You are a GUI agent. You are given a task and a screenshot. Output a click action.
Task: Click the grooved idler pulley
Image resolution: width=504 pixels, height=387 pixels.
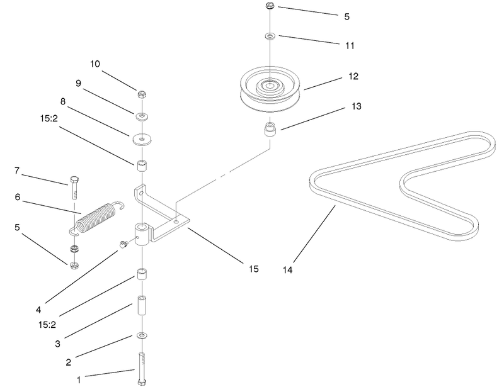270,89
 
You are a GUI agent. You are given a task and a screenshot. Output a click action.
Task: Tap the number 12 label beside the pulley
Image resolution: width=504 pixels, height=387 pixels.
353,76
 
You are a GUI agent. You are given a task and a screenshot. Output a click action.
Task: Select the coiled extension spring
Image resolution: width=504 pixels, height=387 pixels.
96,218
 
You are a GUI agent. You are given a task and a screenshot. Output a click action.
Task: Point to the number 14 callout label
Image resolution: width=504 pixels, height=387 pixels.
288,270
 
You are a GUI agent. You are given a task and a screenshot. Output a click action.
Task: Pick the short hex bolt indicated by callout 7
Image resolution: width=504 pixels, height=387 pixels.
74,188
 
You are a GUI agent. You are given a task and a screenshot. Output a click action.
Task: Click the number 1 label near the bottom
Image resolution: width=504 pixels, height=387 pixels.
79,380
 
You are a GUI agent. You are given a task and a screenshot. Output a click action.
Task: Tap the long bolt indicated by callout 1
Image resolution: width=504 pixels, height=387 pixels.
142,369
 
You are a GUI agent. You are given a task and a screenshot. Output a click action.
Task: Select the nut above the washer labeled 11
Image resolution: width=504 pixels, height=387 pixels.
270,6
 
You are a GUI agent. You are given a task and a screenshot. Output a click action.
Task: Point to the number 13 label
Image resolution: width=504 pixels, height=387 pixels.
357,106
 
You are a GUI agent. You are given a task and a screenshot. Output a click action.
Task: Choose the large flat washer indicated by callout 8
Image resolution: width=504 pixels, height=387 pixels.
142,140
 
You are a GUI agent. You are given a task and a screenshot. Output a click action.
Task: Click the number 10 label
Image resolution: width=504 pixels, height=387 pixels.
95,64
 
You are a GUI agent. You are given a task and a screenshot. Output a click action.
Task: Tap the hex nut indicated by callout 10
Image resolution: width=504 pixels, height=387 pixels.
142,95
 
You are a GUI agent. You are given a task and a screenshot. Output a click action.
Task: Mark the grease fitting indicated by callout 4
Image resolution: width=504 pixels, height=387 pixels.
123,244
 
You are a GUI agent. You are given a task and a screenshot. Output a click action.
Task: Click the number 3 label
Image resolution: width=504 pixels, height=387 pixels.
57,344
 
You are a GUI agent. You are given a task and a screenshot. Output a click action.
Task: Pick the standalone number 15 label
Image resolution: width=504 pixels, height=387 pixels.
254,269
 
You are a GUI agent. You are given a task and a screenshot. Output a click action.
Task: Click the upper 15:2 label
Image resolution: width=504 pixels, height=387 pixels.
49,118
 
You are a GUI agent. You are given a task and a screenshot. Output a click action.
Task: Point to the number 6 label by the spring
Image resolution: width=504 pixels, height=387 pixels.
18,197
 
